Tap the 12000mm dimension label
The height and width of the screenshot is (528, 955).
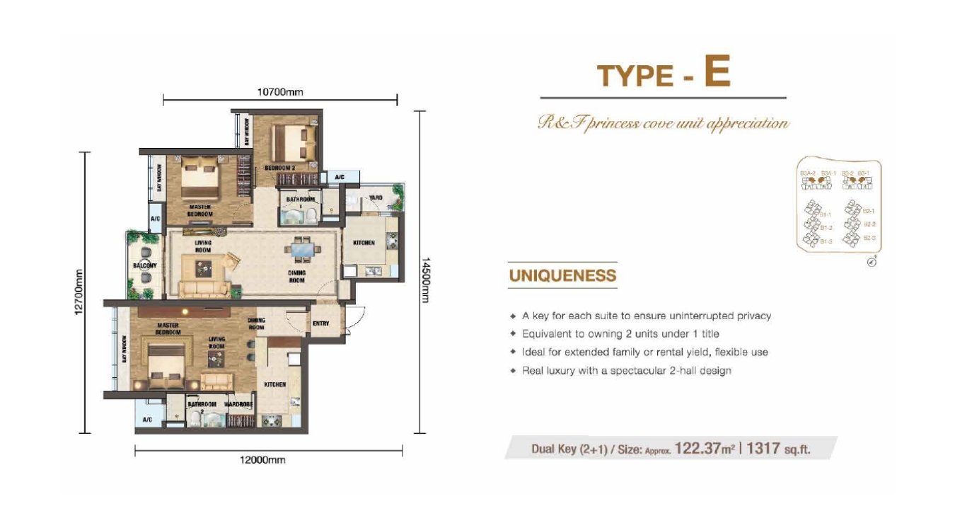[262, 460]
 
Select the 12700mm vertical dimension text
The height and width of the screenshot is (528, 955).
[79, 293]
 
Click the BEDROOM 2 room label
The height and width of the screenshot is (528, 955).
[279, 168]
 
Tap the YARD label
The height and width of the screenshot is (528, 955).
[376, 198]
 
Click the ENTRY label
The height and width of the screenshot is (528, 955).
[320, 323]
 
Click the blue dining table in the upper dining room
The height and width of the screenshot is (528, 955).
[302, 250]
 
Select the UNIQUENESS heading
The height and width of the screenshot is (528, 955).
[562, 275]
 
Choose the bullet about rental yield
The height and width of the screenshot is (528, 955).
[644, 352]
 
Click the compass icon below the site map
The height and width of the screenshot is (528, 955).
[872, 262]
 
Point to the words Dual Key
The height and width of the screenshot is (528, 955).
[555, 449]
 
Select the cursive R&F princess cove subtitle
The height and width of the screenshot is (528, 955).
[663, 124]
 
